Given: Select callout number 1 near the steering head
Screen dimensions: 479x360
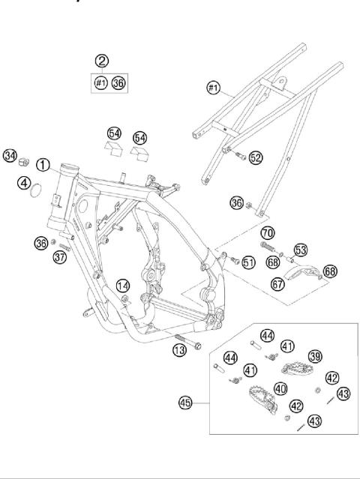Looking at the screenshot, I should coord(44,164).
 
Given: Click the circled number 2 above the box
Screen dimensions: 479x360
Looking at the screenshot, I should coord(101,61).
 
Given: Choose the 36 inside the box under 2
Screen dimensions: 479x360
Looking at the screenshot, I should coord(118,82).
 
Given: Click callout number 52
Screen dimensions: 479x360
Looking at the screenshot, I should coord(256,157).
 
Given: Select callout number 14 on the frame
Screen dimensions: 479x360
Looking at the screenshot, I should coord(123,285).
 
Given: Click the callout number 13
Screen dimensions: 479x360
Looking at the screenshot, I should coord(179,351).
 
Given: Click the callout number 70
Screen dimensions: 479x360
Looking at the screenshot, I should coord(267,232).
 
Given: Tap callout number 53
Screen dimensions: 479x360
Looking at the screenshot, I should coord(300,250).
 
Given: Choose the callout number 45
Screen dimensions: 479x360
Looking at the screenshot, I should coord(184,403).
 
